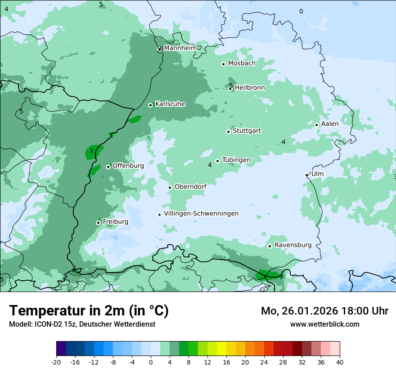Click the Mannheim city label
pyautogui.click(x=180, y=48)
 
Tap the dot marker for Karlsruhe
pyautogui.click(x=151, y=105)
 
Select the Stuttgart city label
pyautogui.click(x=247, y=131)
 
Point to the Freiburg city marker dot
pyautogui.click(x=98, y=223)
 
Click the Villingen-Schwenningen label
pyautogui.click(x=201, y=214)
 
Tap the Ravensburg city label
pyautogui.click(x=293, y=245)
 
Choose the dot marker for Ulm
pyautogui.click(x=307, y=175)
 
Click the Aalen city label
pyautogui.click(x=330, y=124)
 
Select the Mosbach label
pyautogui.click(x=242, y=64)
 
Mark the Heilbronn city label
pyautogui.click(x=250, y=88)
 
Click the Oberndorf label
pyautogui.click(x=190, y=187)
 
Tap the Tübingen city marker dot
pyautogui.click(x=217, y=161)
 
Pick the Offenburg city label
pyautogui.click(x=128, y=166)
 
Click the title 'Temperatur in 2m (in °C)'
pyautogui.click(x=89, y=311)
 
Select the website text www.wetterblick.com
pyautogui.click(x=324, y=324)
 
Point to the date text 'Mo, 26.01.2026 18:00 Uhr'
pyautogui.click(x=324, y=311)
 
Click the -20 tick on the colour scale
pyautogui.click(x=56, y=362)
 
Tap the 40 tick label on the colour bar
pyautogui.click(x=340, y=362)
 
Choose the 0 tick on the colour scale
pyautogui.click(x=151, y=362)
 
